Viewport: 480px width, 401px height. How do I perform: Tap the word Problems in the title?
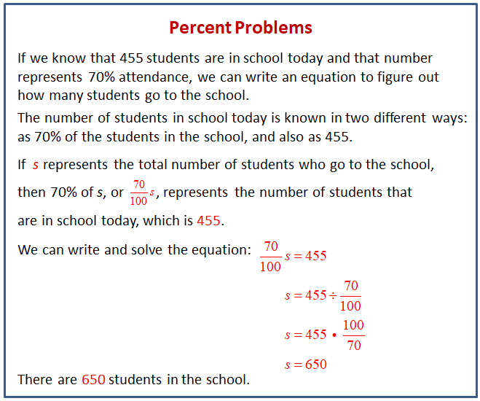click(274, 28)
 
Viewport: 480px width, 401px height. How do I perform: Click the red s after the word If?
click(36, 165)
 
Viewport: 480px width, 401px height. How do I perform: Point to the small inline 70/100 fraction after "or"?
click(138, 193)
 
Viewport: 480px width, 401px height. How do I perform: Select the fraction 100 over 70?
click(353, 335)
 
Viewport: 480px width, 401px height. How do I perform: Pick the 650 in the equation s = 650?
click(315, 365)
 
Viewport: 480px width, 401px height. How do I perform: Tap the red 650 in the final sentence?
click(94, 380)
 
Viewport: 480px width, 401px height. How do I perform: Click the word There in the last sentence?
click(35, 380)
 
